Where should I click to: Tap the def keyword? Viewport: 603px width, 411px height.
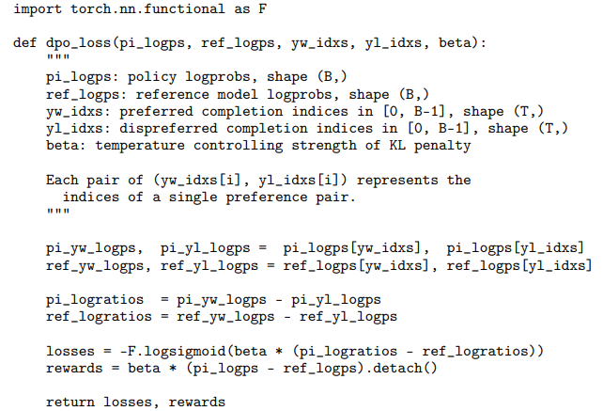click(x=25, y=44)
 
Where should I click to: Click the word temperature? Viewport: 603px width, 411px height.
click(x=136, y=146)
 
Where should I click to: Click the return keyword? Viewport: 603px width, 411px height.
click(x=70, y=402)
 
